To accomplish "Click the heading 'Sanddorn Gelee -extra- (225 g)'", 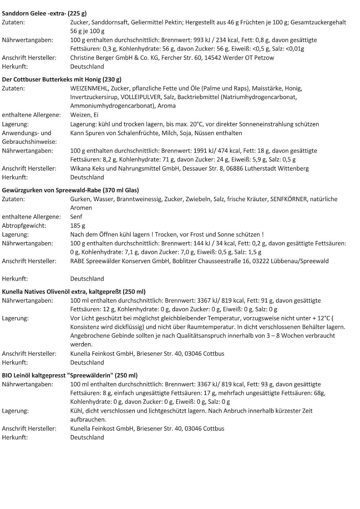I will tap(44, 14).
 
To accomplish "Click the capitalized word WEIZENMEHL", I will tap(89, 88).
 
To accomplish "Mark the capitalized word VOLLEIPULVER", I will tap(141, 97).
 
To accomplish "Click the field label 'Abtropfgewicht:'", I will tap(24, 226).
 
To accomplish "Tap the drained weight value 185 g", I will tap(78, 226).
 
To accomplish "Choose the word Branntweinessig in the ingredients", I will tap(139, 199).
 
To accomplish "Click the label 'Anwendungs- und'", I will tap(26, 133).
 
